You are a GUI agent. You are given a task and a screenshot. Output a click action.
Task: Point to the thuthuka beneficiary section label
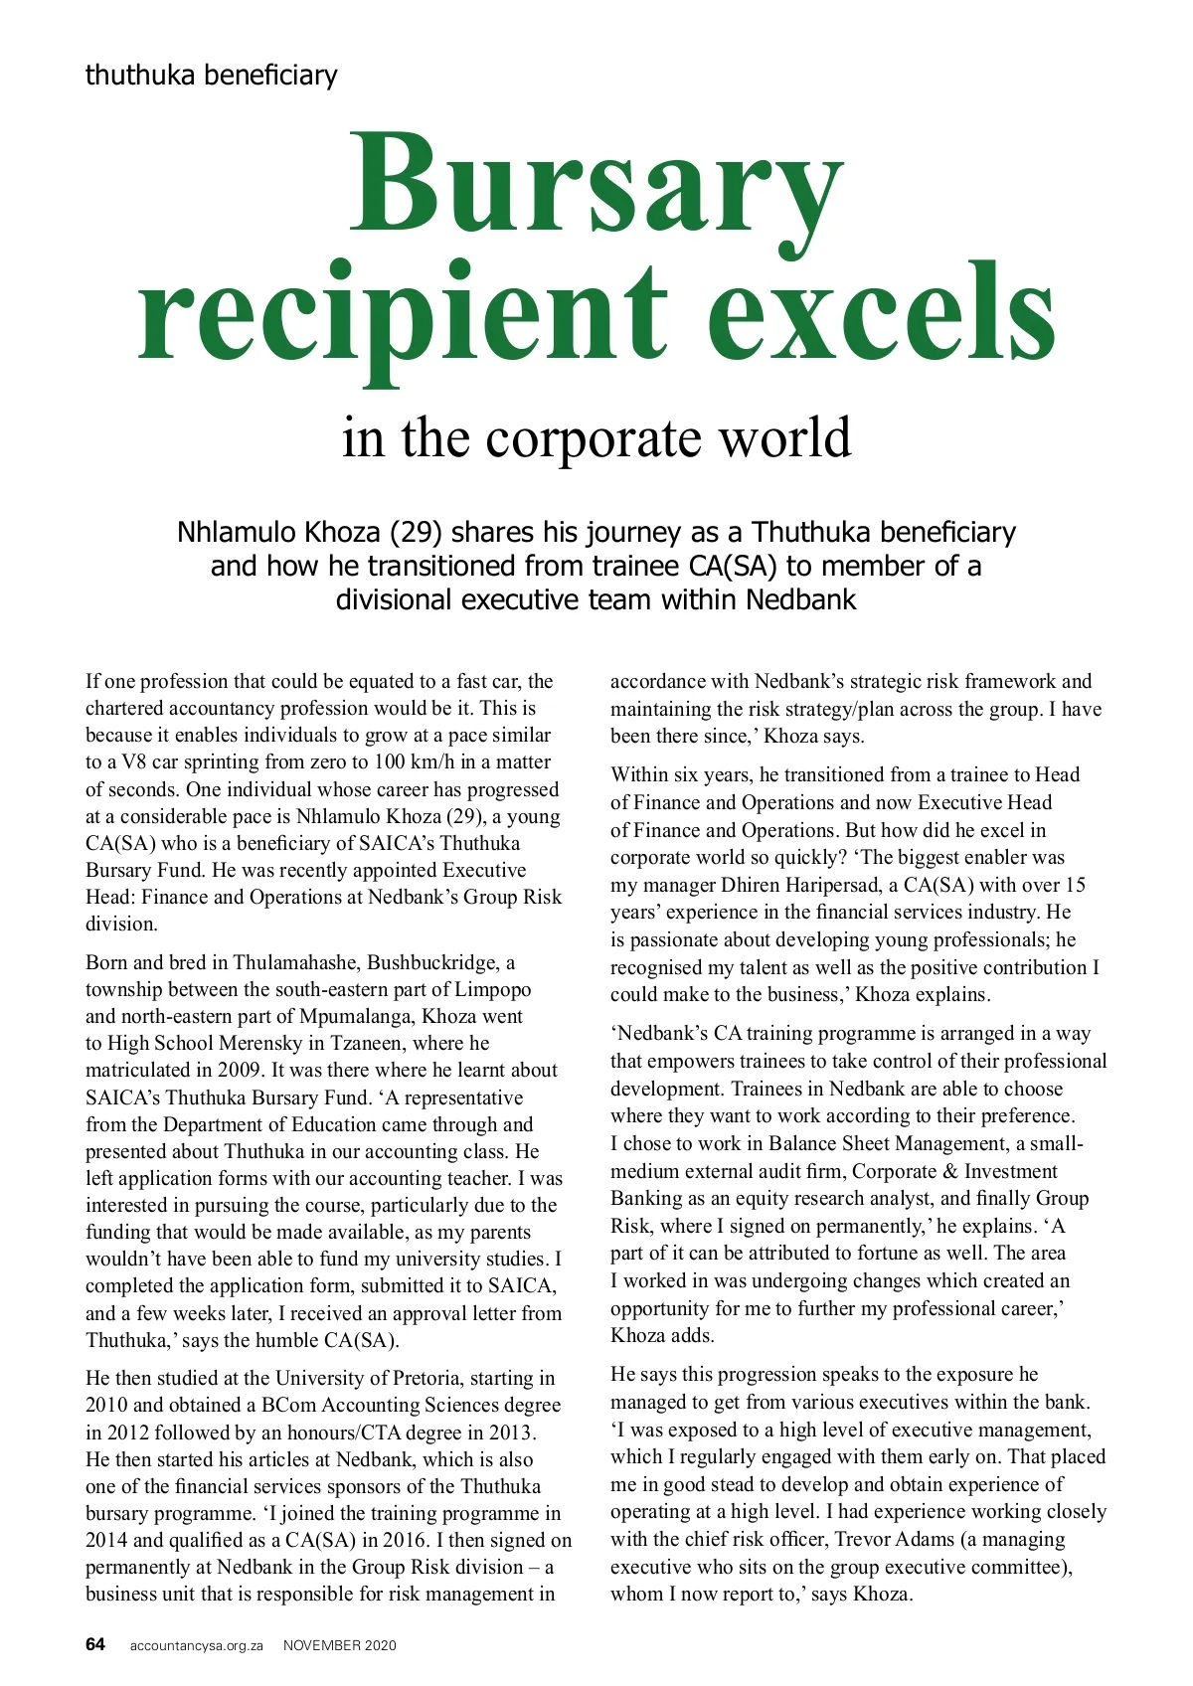211,75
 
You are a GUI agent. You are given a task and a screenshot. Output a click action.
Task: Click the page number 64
95,1644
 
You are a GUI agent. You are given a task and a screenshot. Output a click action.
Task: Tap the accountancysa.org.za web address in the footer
196,1645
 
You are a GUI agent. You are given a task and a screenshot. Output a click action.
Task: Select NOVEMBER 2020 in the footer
339,1645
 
